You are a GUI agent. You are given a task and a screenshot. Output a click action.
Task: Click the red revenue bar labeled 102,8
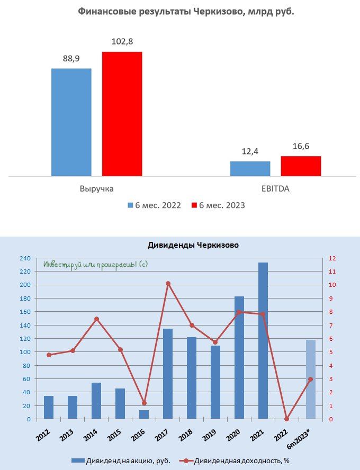122,113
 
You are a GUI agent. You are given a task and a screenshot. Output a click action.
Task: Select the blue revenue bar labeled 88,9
71,122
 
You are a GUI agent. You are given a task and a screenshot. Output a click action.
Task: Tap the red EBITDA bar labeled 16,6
301,166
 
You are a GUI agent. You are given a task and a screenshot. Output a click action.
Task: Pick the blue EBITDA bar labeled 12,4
250,168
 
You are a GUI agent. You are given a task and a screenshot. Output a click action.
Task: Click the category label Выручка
96,188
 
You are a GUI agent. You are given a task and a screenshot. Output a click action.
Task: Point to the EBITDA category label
275,188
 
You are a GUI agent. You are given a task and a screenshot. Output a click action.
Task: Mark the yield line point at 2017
168,284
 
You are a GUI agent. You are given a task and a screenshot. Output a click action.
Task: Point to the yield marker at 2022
287,419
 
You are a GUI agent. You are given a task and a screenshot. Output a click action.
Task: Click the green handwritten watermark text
95,264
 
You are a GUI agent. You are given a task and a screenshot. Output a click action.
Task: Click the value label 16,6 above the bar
301,146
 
